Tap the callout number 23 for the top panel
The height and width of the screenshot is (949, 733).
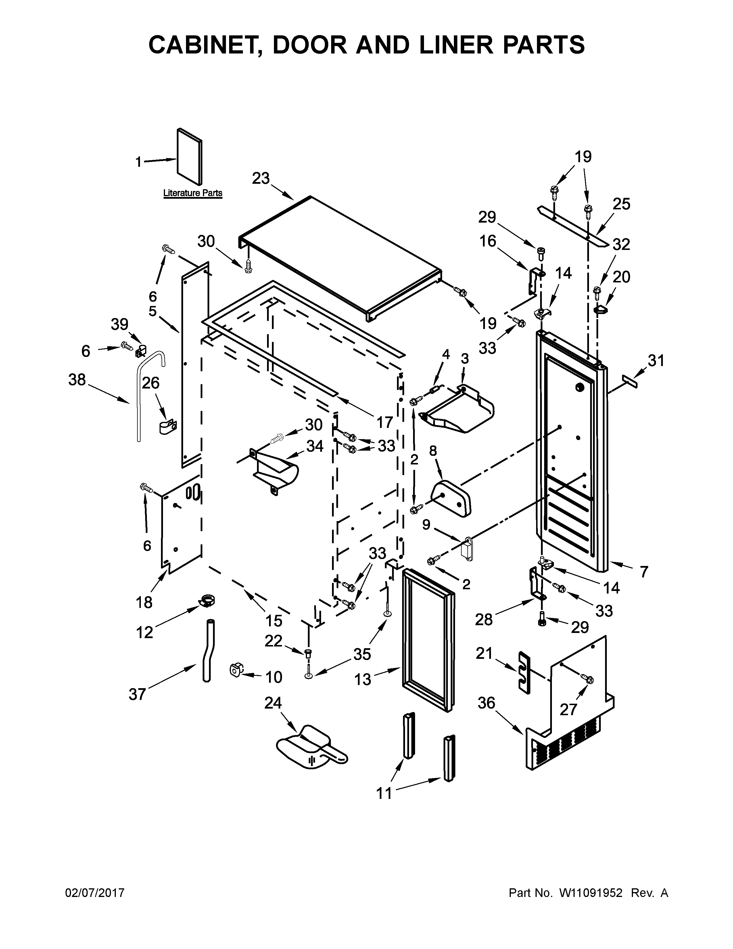point(261,178)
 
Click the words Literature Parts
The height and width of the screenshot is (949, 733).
point(193,193)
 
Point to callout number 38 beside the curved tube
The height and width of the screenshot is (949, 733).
point(77,380)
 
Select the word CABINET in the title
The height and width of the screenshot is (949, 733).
point(202,45)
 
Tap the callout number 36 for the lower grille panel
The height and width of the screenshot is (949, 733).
point(486,703)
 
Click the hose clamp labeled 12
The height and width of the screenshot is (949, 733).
point(208,601)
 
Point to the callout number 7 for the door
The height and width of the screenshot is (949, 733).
point(644,571)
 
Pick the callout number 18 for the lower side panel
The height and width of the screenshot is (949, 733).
point(144,602)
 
